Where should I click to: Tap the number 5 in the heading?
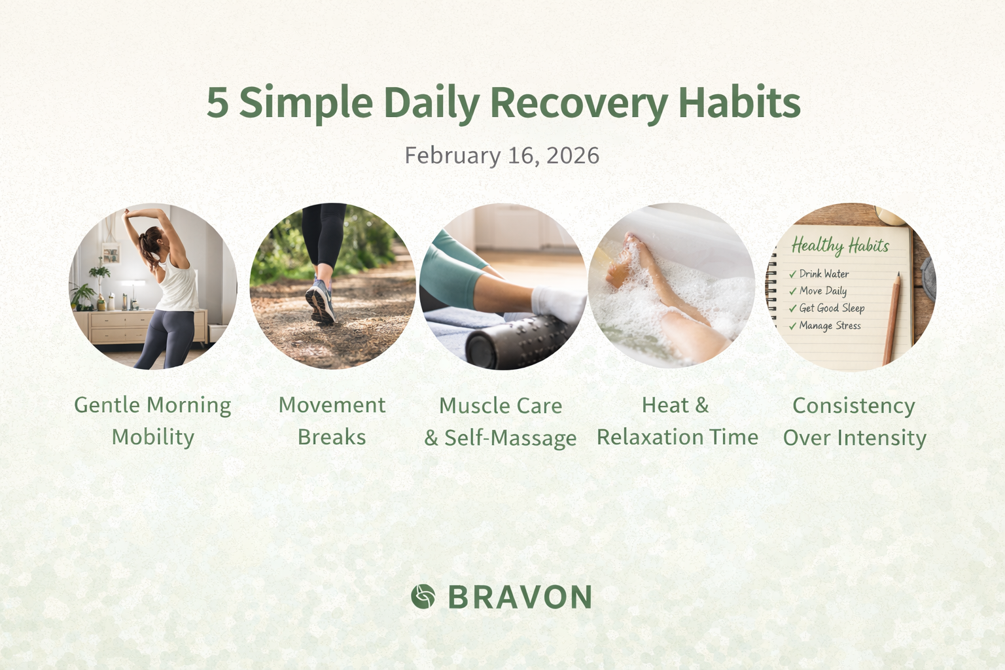point(218,103)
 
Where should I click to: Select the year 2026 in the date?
point(573,156)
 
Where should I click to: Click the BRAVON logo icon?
point(423,597)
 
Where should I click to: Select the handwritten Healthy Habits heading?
point(840,245)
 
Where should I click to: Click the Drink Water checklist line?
point(824,273)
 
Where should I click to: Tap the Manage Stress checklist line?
point(830,325)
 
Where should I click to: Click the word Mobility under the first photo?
point(153,437)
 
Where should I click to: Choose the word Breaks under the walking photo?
point(332,437)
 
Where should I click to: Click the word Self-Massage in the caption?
point(510,438)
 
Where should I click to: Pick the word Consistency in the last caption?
point(854,406)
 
